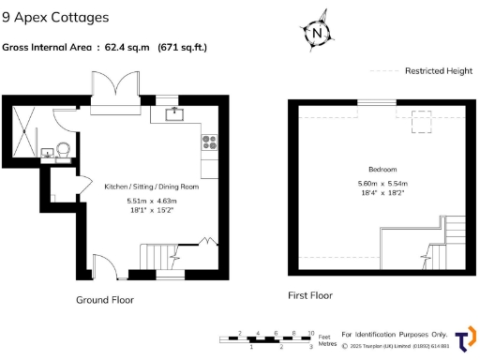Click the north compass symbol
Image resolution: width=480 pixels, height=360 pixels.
320,31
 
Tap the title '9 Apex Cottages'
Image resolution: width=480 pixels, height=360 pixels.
55,18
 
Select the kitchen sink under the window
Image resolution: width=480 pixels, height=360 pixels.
175,114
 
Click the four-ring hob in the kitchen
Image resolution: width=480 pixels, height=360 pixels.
209,142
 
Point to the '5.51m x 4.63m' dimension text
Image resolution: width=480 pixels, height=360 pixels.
151,201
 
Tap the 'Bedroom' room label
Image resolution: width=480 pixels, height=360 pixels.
382,169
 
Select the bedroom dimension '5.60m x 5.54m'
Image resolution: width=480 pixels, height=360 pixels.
382,183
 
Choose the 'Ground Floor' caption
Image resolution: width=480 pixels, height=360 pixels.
104,300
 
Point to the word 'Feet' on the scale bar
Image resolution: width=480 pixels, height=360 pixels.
325,336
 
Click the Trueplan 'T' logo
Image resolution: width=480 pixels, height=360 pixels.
464,339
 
